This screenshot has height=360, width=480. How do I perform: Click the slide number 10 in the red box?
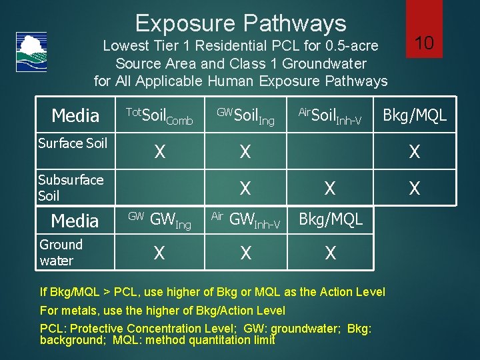coord(424,43)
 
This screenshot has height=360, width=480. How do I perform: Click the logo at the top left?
coord(31,51)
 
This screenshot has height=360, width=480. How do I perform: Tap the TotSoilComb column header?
coord(159,116)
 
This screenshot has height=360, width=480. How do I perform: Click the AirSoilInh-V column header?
coord(329,116)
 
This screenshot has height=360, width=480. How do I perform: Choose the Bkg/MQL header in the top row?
coord(414,116)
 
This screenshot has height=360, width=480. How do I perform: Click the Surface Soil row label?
coord(72,143)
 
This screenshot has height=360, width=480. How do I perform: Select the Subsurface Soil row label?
coord(70,187)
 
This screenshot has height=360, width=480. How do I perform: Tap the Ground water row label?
coord(61,253)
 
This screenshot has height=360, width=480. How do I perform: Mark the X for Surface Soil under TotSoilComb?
coord(160,152)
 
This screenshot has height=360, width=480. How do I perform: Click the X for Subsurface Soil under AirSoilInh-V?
coord(329,189)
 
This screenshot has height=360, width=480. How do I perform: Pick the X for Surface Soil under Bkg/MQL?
coord(414,152)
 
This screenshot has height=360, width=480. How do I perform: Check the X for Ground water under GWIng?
coord(160,253)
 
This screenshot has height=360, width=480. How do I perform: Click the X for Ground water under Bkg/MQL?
coord(329,253)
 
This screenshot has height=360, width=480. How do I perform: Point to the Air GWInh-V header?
coord(245,220)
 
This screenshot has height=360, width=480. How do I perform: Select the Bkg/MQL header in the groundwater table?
coord(330,219)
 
